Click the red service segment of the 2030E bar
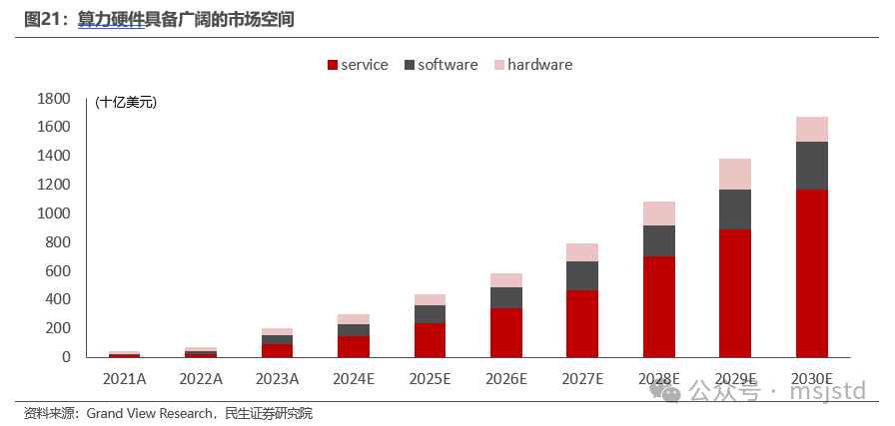point(811,272)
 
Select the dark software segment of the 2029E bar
point(734,210)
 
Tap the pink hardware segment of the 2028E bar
point(658,213)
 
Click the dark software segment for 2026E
point(505,297)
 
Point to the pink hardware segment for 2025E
point(430,299)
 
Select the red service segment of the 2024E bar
point(353,346)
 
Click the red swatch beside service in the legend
point(332,65)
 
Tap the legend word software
point(447,65)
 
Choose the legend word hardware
point(539,65)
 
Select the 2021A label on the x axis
point(125,378)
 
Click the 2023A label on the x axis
point(277,378)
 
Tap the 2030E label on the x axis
point(811,378)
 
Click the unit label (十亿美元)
point(127,102)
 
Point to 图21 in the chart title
point(44,19)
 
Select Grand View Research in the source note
point(150,413)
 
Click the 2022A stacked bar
point(201,351)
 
